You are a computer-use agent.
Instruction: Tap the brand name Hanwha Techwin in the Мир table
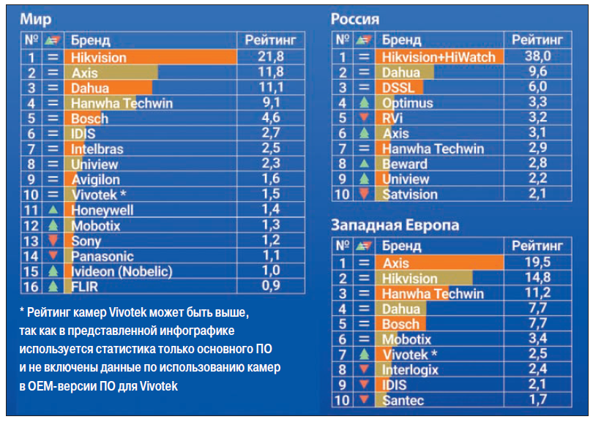tap(122, 103)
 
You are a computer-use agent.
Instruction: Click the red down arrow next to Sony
tap(52, 241)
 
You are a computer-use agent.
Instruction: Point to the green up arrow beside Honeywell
tap(52, 210)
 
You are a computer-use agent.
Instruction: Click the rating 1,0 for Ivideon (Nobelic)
tap(272, 271)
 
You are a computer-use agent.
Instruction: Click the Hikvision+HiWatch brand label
tap(439, 57)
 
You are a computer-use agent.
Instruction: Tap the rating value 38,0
tap(538, 57)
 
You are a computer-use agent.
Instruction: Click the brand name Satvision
tap(409, 195)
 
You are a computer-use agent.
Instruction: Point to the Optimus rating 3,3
tap(538, 103)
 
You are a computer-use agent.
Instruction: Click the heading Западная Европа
tap(395, 225)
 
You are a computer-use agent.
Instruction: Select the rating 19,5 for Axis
tap(538, 263)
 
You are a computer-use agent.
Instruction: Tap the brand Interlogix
tap(410, 370)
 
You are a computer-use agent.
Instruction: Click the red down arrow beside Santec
tap(362, 400)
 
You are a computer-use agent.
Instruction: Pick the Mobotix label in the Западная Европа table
tap(406, 339)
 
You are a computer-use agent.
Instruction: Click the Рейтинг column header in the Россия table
tap(538, 39)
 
